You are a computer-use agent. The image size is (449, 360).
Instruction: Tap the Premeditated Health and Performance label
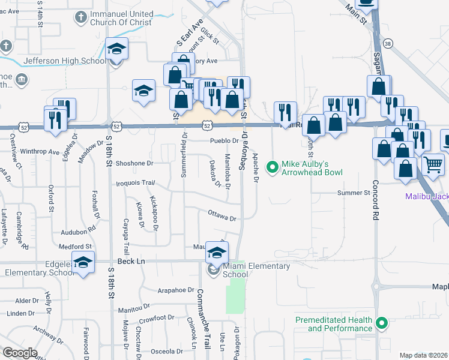(x=333, y=324)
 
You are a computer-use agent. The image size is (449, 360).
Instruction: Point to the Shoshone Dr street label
(x=135, y=163)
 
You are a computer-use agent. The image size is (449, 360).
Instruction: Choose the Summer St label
(x=354, y=193)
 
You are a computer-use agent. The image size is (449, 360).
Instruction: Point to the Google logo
(x=20, y=353)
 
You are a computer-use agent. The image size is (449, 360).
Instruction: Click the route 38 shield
(x=388, y=44)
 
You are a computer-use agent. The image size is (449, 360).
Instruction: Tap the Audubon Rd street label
(x=79, y=230)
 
